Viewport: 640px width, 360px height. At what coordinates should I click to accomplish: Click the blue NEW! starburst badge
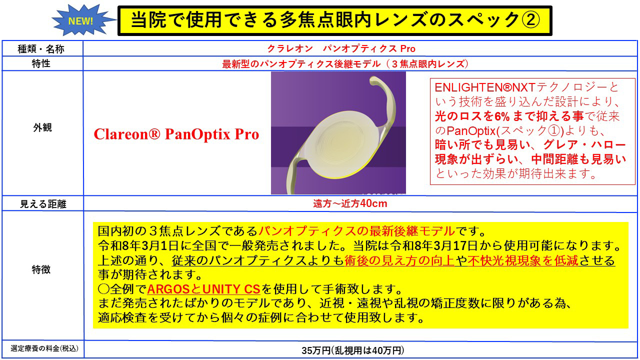pyautogui.click(x=80, y=20)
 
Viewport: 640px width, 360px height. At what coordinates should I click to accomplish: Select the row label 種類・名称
pyautogui.click(x=41, y=49)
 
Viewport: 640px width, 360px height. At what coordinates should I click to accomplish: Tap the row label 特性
pyautogui.click(x=41, y=64)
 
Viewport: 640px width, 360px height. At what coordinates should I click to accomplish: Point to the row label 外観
pyautogui.click(x=42, y=127)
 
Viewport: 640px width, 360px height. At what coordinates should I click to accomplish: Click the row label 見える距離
pyautogui.click(x=42, y=204)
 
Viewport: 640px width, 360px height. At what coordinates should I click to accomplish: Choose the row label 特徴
pyautogui.click(x=41, y=270)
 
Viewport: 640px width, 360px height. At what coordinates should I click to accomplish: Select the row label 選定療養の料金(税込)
pyautogui.click(x=41, y=347)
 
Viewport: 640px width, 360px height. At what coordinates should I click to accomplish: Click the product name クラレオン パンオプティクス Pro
pyautogui.click(x=341, y=49)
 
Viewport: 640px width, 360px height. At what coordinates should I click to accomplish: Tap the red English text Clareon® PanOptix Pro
pyautogui.click(x=176, y=134)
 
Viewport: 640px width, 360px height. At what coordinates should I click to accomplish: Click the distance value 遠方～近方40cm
pyautogui.click(x=350, y=204)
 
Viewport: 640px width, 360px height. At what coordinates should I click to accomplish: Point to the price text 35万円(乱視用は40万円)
pyautogui.click(x=353, y=350)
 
